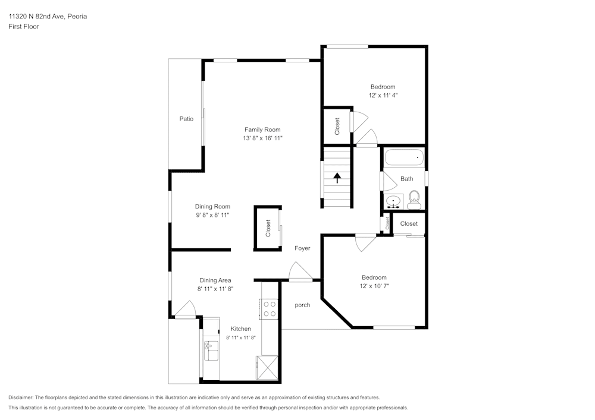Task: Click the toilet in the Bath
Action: point(415,198)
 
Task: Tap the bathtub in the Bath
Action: point(404,158)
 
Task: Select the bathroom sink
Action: point(393,201)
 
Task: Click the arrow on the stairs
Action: point(337,178)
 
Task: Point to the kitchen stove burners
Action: point(269,308)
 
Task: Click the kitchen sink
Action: point(211,350)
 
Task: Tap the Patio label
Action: point(186,119)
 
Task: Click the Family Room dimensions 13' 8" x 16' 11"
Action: point(262,138)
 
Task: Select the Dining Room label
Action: point(212,207)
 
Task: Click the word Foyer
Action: point(302,248)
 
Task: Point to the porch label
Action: point(303,305)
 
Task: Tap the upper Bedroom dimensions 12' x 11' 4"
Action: point(382,95)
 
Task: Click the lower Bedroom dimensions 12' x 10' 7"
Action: point(374,286)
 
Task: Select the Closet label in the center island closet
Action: point(268,228)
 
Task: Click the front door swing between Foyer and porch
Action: point(299,271)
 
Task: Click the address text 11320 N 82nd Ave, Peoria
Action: point(48,17)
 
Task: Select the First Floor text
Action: point(24,27)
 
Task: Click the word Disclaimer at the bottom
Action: point(21,397)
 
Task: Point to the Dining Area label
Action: point(215,280)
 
